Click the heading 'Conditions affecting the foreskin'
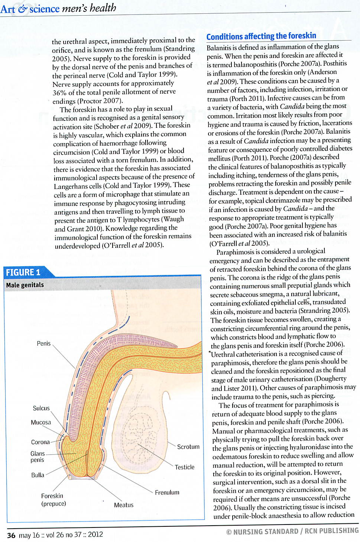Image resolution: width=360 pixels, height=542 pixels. (261, 36)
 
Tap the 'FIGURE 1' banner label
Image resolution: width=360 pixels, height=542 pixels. (23, 272)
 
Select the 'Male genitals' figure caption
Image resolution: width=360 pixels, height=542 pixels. (25, 285)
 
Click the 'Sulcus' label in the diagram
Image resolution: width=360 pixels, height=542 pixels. (41, 408)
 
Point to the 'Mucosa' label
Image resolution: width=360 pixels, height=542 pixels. (41, 422)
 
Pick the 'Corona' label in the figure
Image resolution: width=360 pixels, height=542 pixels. (40, 442)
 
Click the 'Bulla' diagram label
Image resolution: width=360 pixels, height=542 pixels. (38, 475)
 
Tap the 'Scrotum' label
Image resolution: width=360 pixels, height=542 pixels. (188, 446)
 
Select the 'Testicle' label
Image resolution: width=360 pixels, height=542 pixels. (185, 467)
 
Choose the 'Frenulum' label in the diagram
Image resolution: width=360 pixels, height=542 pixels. (167, 492)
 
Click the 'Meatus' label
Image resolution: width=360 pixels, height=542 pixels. (123, 505)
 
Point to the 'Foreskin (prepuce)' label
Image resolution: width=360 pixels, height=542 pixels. (53, 500)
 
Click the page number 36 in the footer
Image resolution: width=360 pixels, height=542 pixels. (11, 535)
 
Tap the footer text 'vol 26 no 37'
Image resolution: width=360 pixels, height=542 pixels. (64, 535)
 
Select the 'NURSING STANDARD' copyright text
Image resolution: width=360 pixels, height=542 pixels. (266, 532)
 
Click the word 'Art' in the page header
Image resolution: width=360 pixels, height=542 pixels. (7, 9)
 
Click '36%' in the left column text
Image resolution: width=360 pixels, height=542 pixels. (59, 93)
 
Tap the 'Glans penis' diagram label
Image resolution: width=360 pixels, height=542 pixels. (38, 456)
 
